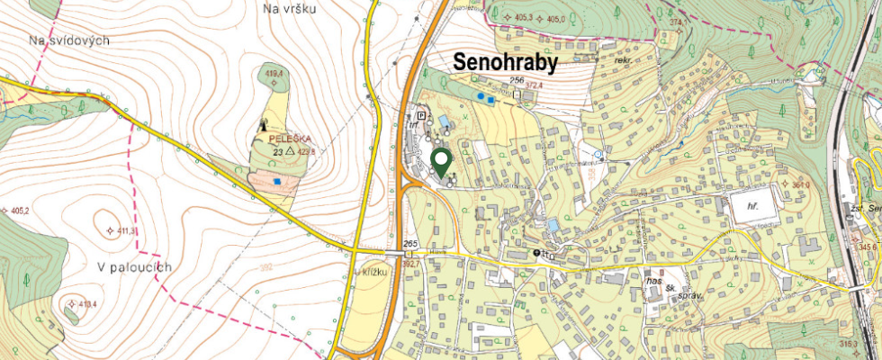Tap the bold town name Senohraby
pyautogui.click(x=505, y=62)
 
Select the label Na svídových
pyautogui.click(x=68, y=41)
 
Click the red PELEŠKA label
pyautogui.click(x=289, y=139)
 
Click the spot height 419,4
pyautogui.click(x=271, y=72)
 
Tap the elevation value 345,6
pyautogui.click(x=868, y=246)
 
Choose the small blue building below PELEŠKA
pyautogui.click(x=277, y=181)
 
